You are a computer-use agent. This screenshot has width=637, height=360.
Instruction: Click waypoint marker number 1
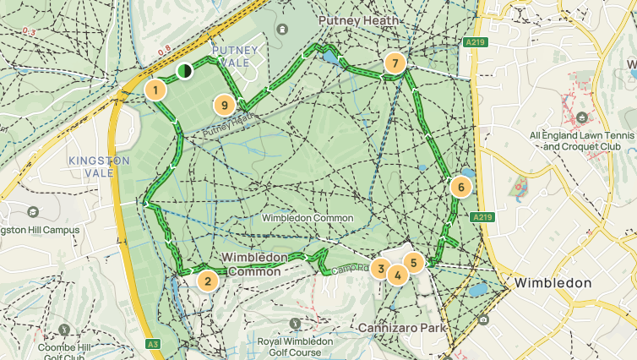(155, 90)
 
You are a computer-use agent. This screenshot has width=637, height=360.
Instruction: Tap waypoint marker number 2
(207, 281)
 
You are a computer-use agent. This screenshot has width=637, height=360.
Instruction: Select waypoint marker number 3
(381, 270)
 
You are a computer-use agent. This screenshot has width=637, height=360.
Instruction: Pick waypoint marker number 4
(397, 275)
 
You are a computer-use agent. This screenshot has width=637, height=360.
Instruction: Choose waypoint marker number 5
(413, 262)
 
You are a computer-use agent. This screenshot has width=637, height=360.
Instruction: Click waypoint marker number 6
(460, 187)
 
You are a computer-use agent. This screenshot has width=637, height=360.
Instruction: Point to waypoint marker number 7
(394, 63)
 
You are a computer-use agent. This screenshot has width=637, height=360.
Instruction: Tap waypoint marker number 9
(224, 105)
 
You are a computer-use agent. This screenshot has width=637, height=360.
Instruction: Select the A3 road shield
(152, 344)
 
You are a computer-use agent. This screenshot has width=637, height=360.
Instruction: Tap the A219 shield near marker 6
(482, 217)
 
